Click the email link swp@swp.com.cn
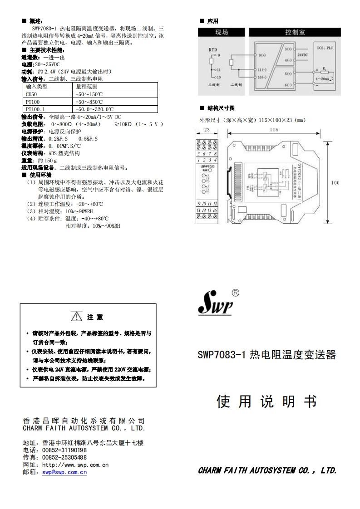click(64, 472)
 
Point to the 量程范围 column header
click(87, 86)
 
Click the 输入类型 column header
click(37, 86)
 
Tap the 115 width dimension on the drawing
click(274, 130)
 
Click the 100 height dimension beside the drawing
click(335, 183)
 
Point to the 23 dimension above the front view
click(207, 130)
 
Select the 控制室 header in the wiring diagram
click(295, 33)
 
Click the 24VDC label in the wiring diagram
click(302, 54)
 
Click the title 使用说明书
click(266, 401)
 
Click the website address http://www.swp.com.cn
click(75, 465)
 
